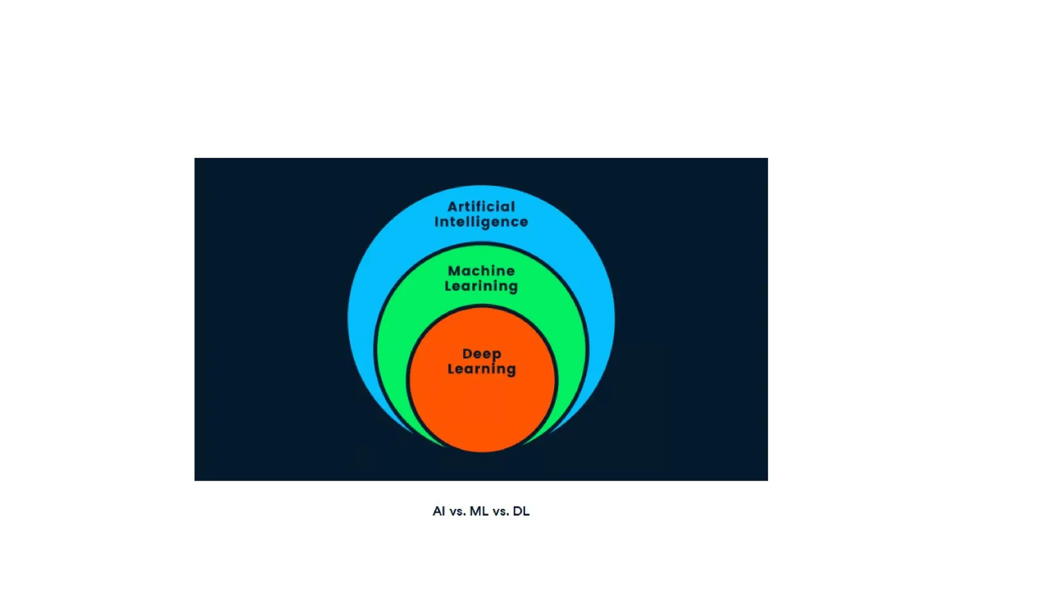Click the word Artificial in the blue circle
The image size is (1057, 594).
coord(481,207)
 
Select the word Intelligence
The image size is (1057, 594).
coord(481,222)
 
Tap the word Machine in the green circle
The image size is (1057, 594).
coord(481,271)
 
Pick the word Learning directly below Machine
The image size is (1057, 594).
coord(481,286)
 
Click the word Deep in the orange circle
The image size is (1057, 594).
coord(482,354)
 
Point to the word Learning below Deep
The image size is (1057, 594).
coord(482,369)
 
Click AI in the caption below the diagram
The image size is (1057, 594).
coord(439,511)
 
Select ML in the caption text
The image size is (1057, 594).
coord(479,511)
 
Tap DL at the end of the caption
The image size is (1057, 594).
coord(521,511)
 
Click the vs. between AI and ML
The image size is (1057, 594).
coord(458,511)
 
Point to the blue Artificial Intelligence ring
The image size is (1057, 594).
coord(364,309)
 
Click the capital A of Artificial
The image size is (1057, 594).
coord(453,207)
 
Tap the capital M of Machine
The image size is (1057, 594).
coord(454,271)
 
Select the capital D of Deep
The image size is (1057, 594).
coord(468,354)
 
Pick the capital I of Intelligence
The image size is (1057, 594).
coord(437,222)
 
